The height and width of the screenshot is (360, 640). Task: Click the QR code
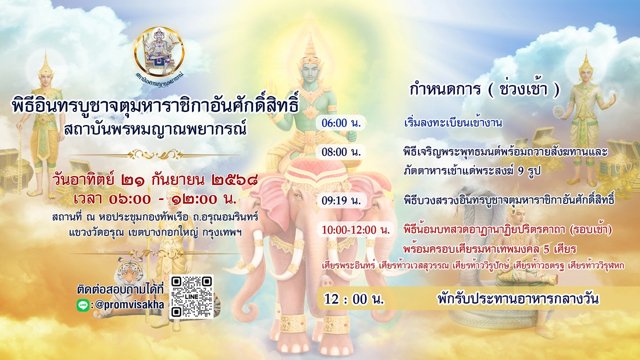(191, 296)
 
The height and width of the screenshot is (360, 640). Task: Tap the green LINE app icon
(83, 305)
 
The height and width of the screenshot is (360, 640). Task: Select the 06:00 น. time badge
(340, 123)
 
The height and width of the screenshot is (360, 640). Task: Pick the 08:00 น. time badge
(340, 152)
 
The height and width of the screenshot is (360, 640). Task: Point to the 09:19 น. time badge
(341, 200)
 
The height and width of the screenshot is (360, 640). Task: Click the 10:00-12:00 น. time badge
(355, 229)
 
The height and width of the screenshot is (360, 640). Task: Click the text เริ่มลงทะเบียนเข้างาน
(453, 123)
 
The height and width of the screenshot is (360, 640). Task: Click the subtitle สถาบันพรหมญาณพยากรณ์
(155, 129)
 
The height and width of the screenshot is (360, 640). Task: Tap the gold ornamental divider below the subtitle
(155, 155)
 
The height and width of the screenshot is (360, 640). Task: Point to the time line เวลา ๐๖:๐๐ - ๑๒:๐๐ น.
(155, 199)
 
